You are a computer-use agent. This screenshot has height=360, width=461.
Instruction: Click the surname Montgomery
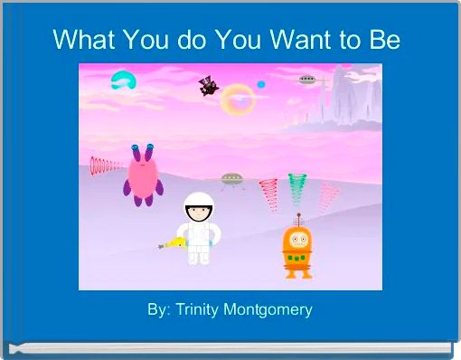(x=268, y=309)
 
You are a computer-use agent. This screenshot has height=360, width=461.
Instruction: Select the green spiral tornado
(x=297, y=189)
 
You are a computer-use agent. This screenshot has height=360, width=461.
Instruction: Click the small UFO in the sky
(x=308, y=80)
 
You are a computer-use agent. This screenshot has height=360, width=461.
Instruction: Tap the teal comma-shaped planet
(x=122, y=81)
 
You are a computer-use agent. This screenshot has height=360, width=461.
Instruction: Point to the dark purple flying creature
(x=209, y=86)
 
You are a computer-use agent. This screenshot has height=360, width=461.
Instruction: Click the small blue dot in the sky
(x=261, y=84)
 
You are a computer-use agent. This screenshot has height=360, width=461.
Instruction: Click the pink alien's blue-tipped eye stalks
(x=141, y=148)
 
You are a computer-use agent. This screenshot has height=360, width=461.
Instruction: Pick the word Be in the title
(x=382, y=41)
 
